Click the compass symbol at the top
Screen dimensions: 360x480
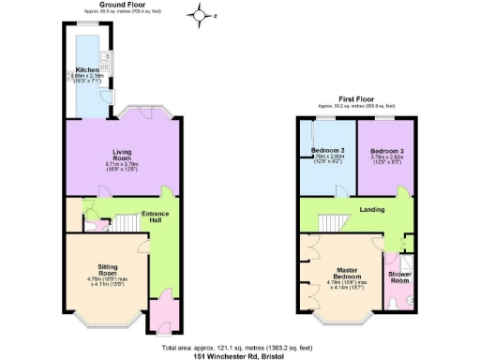coord(200,14)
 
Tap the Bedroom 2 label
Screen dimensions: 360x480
coord(329,151)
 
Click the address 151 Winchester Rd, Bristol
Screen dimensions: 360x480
coord(239,355)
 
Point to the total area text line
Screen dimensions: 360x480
coord(239,346)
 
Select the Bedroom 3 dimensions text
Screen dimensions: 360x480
coord(387,162)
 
